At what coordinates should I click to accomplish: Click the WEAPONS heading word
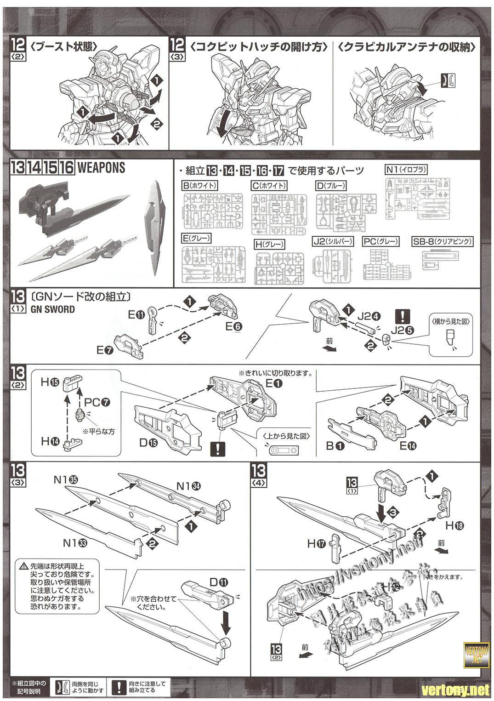coord(101,168)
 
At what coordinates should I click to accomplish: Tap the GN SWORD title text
coord(53,309)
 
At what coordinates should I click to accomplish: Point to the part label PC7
coord(96,402)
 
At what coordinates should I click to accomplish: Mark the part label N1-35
coord(65,479)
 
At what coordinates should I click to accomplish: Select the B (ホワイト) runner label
coord(199,186)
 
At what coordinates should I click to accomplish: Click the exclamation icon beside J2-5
coord(403,316)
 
